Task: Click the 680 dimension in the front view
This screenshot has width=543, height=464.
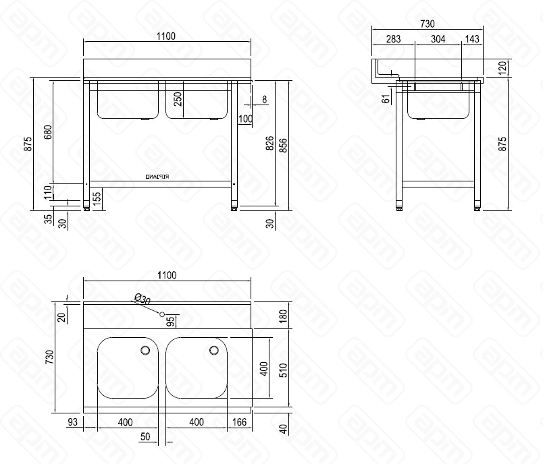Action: [47, 132]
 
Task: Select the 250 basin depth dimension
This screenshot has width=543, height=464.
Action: [178, 98]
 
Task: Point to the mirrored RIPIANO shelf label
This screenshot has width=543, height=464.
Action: [158, 176]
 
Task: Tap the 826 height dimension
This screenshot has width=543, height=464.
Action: [269, 143]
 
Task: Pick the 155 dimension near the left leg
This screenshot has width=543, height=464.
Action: [97, 200]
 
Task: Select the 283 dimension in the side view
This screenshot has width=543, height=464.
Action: [392, 39]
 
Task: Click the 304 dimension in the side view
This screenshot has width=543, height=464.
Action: [438, 39]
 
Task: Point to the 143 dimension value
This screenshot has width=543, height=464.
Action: [472, 39]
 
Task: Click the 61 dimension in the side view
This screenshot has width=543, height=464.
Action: [386, 98]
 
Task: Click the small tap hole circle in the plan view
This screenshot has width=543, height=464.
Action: [162, 314]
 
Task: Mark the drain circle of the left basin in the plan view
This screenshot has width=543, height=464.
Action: [145, 350]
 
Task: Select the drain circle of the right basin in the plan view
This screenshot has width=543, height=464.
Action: [214, 350]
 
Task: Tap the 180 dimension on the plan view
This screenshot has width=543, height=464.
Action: [284, 315]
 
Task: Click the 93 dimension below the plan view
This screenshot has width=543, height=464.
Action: [73, 422]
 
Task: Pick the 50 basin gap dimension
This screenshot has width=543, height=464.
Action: [145, 436]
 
